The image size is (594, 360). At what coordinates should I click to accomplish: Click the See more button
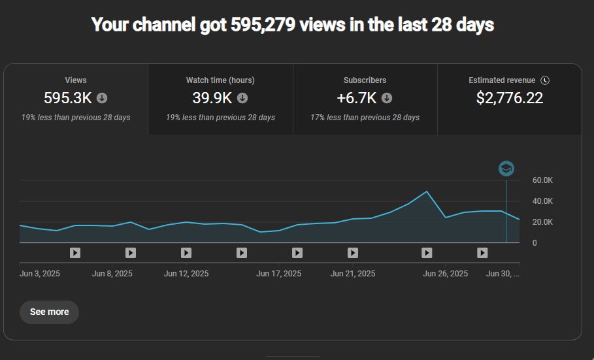(x=49, y=312)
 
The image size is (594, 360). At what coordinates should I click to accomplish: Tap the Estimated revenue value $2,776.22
(x=510, y=98)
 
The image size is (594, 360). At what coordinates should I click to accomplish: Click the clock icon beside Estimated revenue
(x=545, y=80)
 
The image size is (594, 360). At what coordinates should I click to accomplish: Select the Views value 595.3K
(x=68, y=98)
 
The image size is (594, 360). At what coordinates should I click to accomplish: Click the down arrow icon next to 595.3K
(x=102, y=98)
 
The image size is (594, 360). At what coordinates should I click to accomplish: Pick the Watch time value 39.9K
(x=212, y=98)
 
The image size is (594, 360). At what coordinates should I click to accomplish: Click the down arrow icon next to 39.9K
(x=242, y=98)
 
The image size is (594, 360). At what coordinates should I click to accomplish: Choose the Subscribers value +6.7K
(x=357, y=98)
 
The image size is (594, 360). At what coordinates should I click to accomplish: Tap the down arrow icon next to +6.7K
(x=387, y=98)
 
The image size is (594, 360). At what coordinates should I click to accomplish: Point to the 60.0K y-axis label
(x=543, y=180)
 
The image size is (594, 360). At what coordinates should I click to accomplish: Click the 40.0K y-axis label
(x=543, y=201)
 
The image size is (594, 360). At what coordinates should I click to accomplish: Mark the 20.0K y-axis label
(x=543, y=222)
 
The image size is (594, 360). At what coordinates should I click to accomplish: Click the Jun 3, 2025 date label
(x=40, y=274)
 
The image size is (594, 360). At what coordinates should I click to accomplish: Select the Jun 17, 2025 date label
(x=279, y=274)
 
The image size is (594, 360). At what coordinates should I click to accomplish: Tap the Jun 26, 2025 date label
(x=446, y=274)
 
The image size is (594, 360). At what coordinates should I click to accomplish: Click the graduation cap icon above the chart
(x=506, y=169)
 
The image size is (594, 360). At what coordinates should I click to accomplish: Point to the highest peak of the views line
(x=427, y=191)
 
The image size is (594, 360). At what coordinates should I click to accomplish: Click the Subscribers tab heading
(x=365, y=80)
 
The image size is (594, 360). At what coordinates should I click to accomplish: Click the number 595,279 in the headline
(x=261, y=25)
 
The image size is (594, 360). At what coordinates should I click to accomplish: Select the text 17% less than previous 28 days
(x=365, y=118)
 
